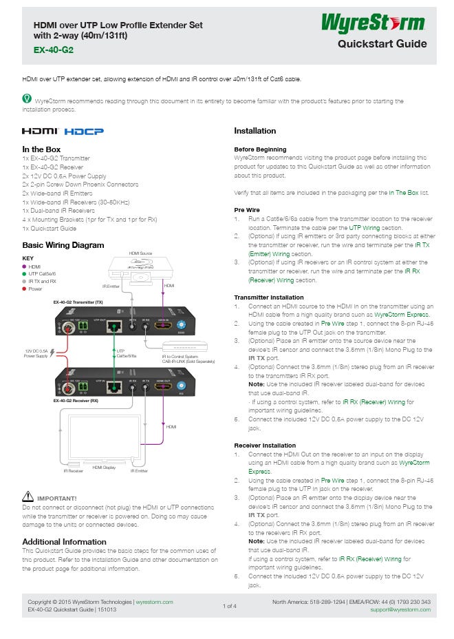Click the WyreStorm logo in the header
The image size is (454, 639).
click(374, 23)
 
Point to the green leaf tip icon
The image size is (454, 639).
click(27, 100)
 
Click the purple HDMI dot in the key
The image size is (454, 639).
click(25, 266)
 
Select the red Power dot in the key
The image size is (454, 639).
click(25, 289)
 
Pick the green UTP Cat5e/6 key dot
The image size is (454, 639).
click(25, 273)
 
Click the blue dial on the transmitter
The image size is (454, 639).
click(182, 325)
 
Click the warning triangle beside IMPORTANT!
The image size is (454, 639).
click(28, 496)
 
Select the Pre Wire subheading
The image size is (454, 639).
click(246, 209)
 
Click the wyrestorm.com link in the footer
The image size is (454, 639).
click(154, 602)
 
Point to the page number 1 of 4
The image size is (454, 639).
click(230, 606)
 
